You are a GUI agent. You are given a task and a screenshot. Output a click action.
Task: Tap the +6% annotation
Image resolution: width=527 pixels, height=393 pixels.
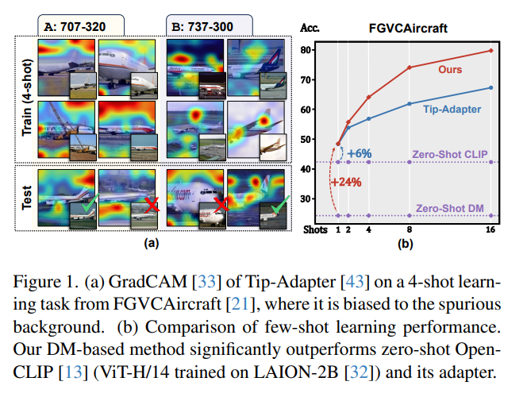pos(358,151)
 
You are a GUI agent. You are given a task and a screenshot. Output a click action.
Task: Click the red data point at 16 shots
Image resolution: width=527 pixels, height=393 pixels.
pos(490,51)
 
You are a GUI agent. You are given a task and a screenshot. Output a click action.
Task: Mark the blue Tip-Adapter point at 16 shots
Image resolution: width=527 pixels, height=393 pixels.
pos(490,88)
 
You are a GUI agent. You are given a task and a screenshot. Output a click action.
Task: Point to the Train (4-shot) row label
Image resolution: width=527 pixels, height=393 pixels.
pos(28,101)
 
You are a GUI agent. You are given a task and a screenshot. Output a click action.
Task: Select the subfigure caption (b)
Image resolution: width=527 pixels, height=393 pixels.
pos(405,244)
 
